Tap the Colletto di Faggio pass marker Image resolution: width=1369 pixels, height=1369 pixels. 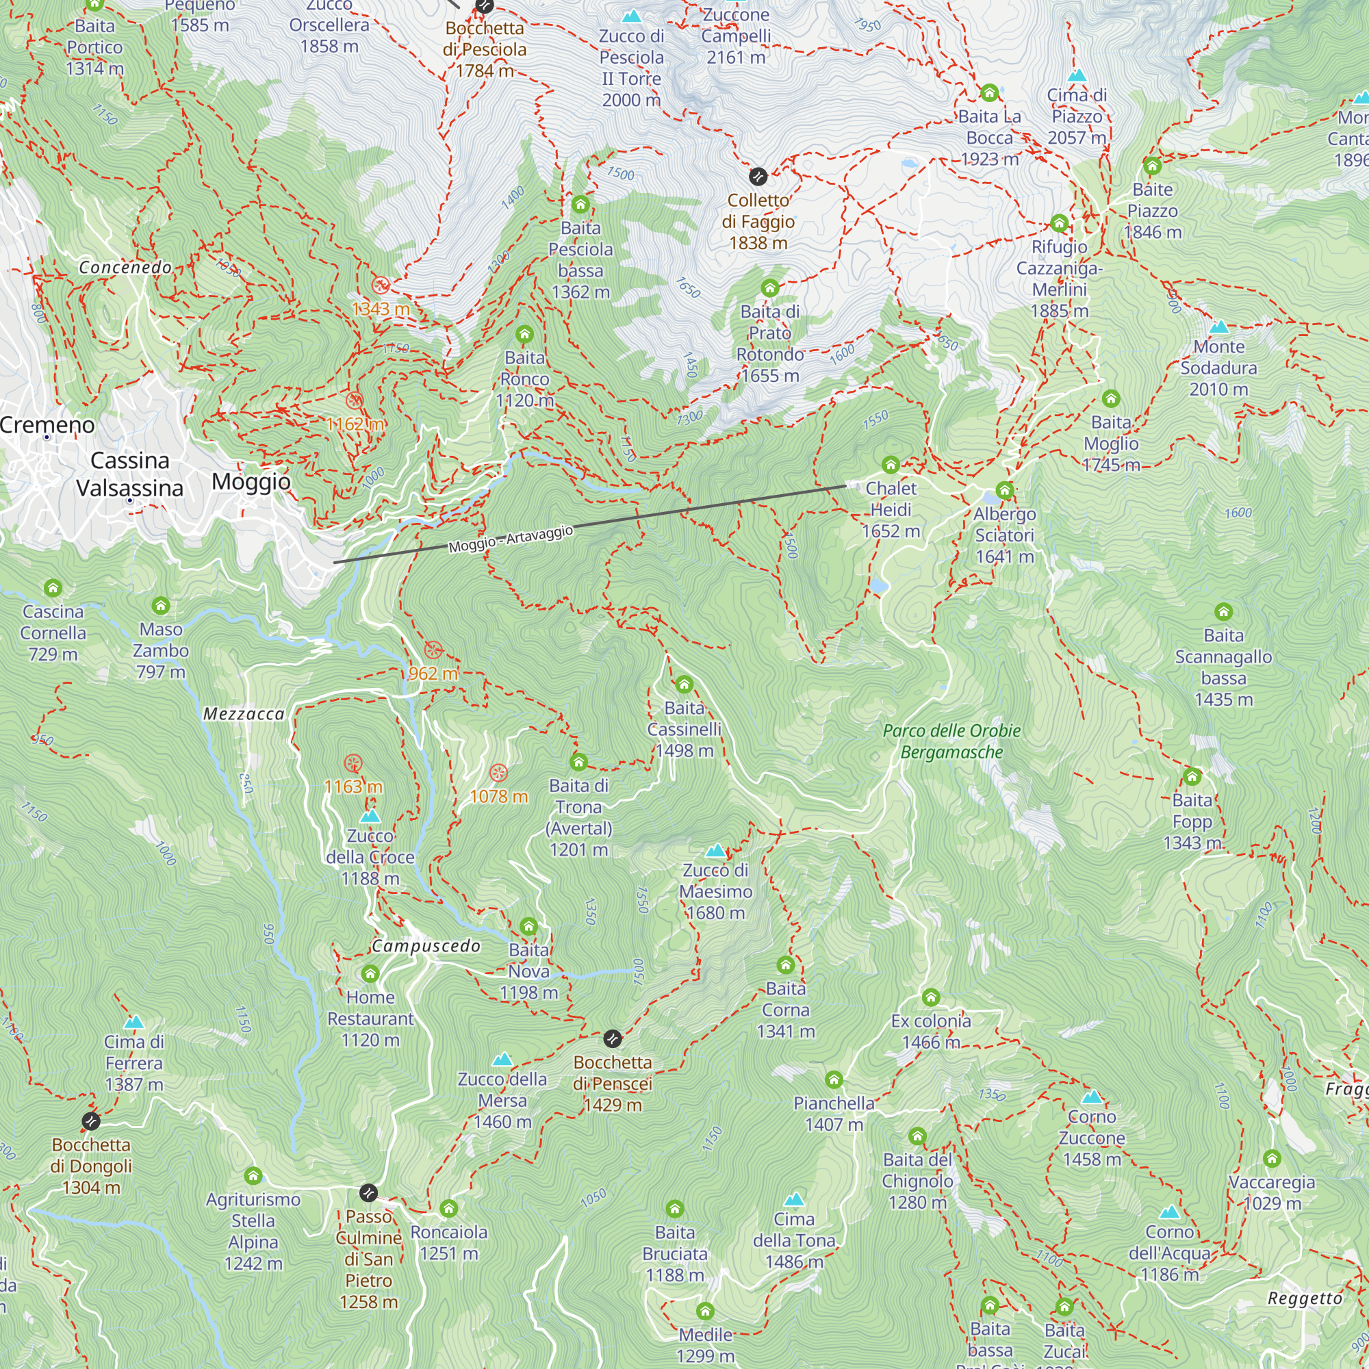[x=758, y=176]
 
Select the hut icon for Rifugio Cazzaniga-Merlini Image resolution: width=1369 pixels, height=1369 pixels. [x=1059, y=223]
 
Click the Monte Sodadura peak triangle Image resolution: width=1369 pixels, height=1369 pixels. [x=1218, y=327]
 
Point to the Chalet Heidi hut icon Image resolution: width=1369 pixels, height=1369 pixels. [x=890, y=465]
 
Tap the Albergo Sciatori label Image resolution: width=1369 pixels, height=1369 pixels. [x=1004, y=535]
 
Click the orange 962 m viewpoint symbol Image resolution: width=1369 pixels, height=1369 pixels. [x=433, y=650]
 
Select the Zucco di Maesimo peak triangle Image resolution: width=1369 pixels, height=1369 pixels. [x=715, y=850]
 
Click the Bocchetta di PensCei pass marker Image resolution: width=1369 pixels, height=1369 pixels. [x=612, y=1039]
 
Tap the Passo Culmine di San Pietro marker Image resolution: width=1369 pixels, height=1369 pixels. [x=368, y=1192]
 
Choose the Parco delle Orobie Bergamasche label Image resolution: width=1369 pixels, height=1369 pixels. [x=951, y=741]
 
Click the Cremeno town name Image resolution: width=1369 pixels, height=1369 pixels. [x=47, y=424]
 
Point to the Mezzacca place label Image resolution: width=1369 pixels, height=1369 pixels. [x=244, y=713]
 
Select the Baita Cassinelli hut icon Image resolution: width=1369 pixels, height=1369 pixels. [x=684, y=684]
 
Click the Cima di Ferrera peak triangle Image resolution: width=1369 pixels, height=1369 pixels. [x=134, y=1023]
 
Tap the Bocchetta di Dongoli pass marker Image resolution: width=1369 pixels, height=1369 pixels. [x=91, y=1121]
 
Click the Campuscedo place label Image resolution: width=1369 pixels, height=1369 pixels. [x=426, y=946]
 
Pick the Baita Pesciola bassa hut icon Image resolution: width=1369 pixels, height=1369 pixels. [x=580, y=205]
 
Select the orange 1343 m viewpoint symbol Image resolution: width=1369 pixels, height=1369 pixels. [x=381, y=285]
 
